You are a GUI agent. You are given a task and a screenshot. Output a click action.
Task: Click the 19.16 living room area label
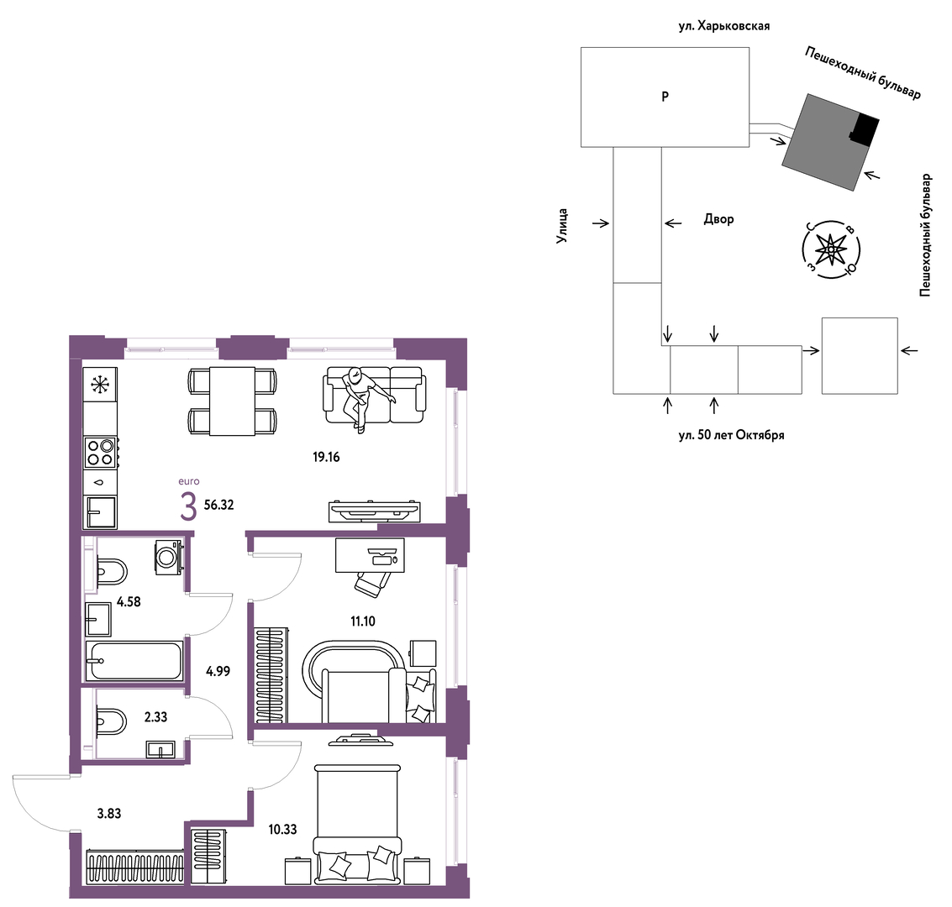326,458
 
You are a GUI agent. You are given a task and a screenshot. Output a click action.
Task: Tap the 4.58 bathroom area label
129,602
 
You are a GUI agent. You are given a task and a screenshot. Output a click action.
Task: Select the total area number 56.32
218,505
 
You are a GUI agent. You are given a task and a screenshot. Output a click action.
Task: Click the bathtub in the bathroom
134,660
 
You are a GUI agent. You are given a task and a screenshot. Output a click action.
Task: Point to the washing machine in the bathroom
170,557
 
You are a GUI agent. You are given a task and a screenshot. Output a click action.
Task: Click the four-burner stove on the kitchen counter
100,452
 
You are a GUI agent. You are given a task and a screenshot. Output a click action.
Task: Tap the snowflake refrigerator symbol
100,384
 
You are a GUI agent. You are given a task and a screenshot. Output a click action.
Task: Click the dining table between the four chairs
232,401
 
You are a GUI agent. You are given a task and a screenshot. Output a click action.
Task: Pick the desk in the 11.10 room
370,555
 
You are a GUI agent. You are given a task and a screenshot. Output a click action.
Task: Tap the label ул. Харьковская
723,26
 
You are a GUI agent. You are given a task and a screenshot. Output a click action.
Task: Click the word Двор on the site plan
719,219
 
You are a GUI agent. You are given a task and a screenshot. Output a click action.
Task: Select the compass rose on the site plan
830,249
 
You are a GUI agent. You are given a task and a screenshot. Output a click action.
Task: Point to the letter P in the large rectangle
665,97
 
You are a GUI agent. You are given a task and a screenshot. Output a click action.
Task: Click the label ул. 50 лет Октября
731,435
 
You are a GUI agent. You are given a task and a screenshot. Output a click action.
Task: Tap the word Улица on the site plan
563,226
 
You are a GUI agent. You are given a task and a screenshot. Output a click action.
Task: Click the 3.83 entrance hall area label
109,814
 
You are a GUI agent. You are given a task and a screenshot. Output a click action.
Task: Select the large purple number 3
188,507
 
